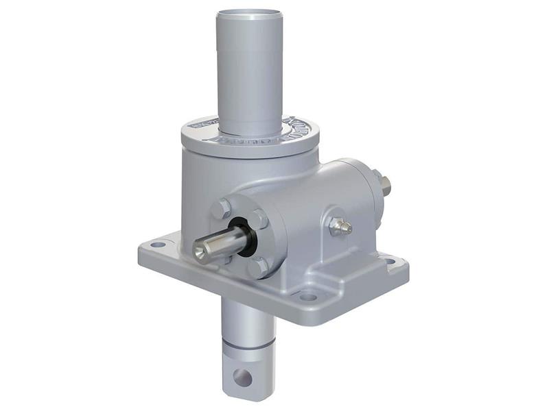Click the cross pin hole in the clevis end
[242, 376]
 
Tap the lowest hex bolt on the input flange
[257, 266]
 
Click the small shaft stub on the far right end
[386, 185]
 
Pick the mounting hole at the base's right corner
[390, 261]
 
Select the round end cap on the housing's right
[371, 188]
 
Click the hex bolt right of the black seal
[259, 219]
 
